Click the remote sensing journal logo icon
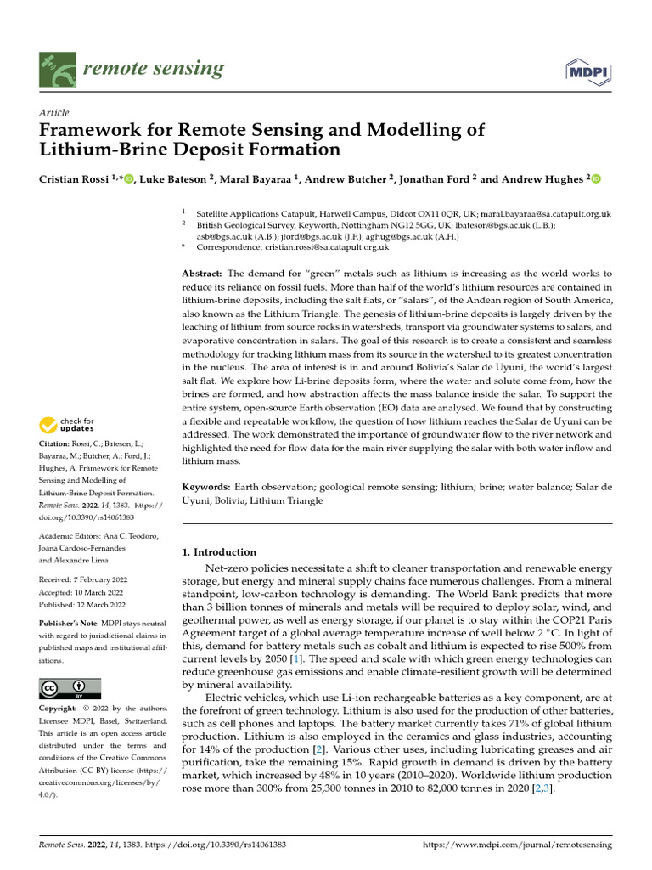point(58,69)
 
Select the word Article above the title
point(54,113)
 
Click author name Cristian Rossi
point(75,179)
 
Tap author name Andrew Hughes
point(542,179)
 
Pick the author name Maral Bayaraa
point(258,179)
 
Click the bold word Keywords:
point(206,487)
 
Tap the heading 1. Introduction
point(219,551)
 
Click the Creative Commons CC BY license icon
point(70,688)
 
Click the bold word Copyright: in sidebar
point(60,708)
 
